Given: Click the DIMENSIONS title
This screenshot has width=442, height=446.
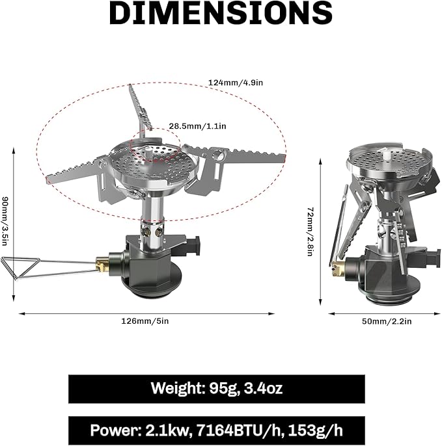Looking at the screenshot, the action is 221,13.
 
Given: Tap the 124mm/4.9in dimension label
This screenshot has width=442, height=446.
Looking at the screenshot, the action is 236,83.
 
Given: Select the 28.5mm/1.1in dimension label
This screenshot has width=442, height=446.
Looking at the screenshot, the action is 197,126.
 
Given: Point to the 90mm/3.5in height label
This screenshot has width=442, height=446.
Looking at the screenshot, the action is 5,221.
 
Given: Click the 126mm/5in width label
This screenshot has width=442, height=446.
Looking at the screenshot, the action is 145,321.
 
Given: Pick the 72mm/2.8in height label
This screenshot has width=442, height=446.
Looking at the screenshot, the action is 311,231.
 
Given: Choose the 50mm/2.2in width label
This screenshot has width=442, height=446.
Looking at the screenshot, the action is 387,321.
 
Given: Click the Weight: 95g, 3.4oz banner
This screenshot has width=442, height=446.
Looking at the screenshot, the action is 216,389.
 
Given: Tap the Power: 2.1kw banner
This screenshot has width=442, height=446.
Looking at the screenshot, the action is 216,430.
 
